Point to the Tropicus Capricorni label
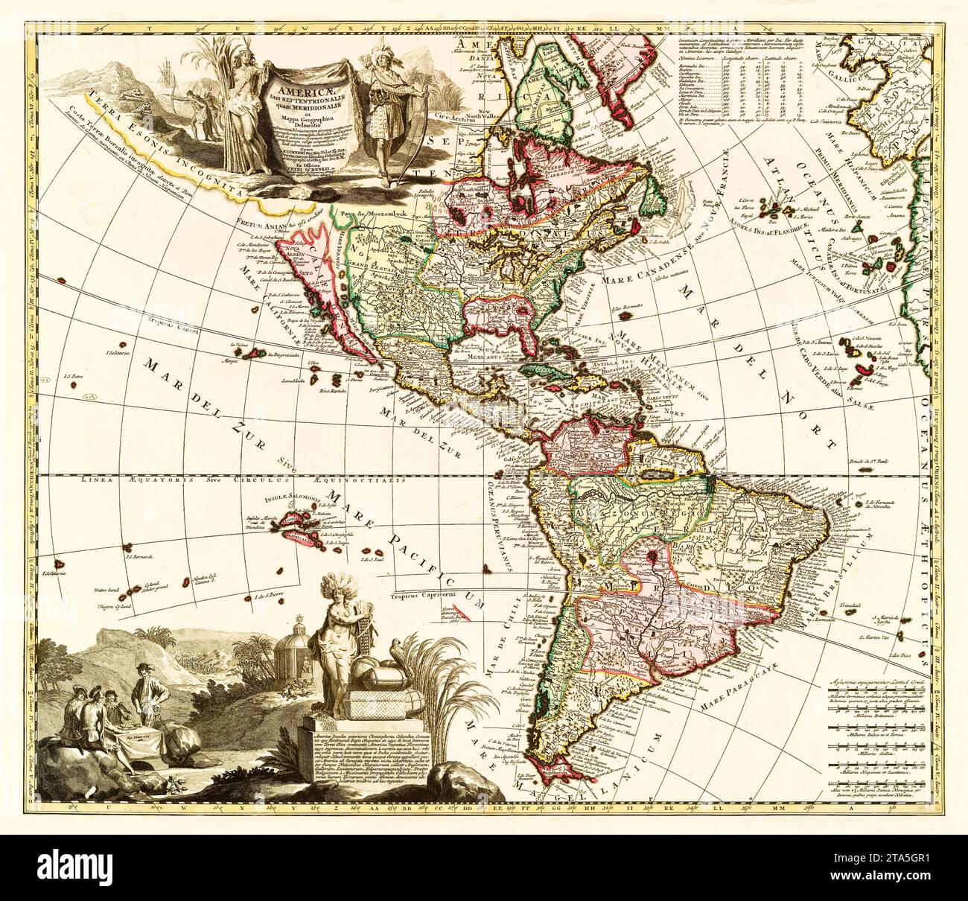pos(416,595)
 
